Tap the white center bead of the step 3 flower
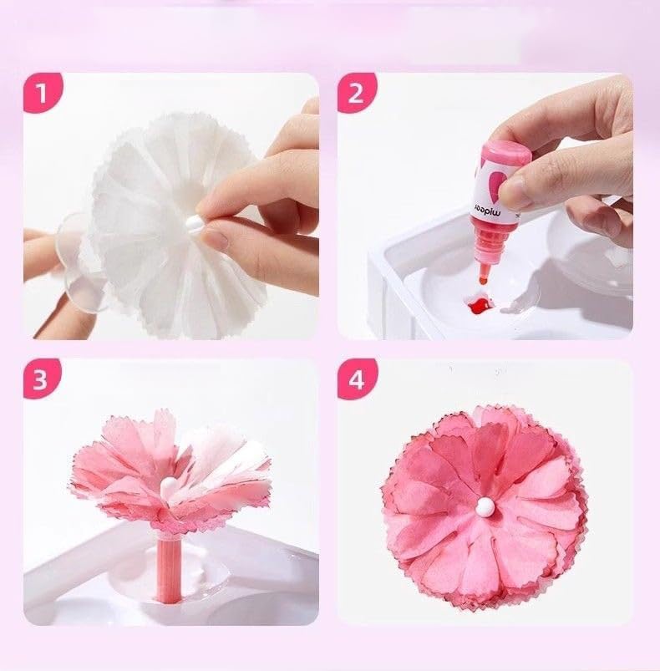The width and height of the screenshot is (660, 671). [x=170, y=484]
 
